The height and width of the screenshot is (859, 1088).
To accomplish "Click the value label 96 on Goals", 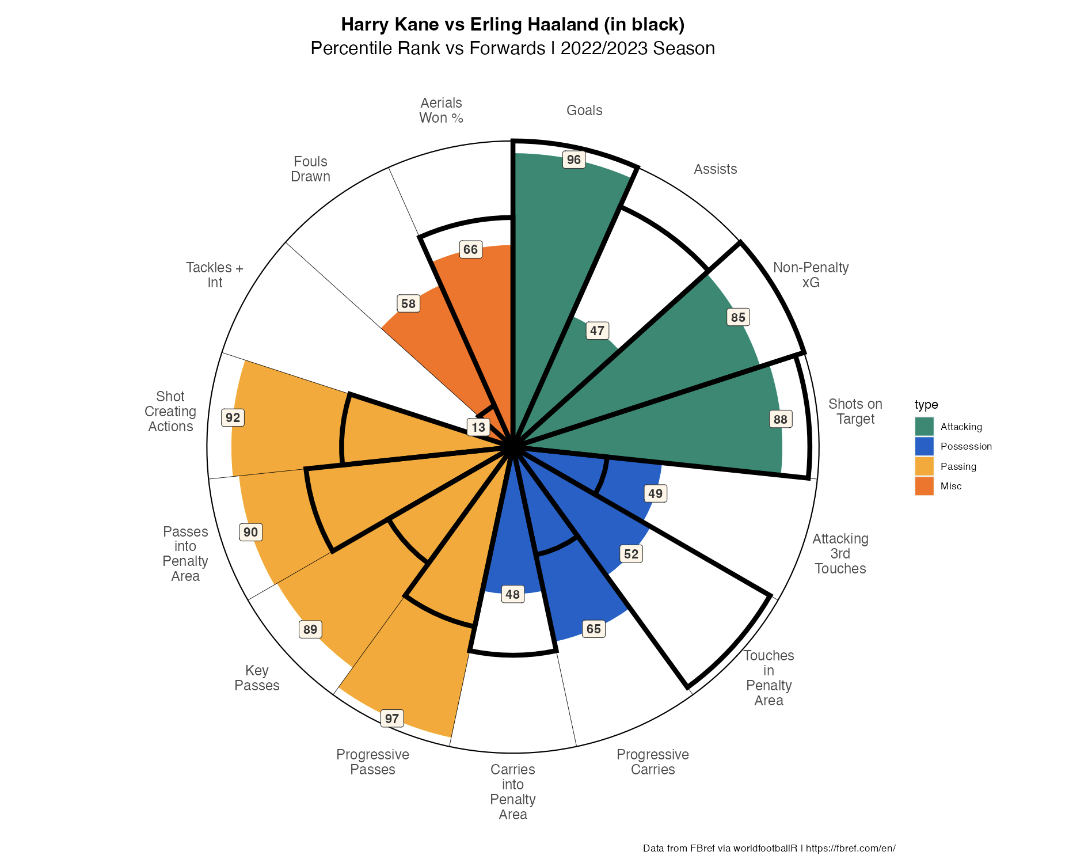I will tap(574, 159).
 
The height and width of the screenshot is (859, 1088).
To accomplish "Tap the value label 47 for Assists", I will tap(597, 330).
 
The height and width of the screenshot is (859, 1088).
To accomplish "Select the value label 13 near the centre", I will tap(478, 427).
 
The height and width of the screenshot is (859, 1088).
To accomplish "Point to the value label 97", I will tap(392, 719).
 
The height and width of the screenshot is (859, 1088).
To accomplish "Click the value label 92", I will tap(233, 417).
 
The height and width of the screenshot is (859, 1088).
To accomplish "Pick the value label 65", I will tap(594, 629).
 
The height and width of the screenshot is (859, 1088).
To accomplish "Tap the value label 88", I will tap(780, 419).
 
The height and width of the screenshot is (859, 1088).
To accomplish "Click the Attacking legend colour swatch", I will tap(924, 427).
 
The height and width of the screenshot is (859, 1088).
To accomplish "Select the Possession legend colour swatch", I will tap(924, 446).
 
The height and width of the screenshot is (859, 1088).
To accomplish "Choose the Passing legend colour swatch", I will tap(924, 466).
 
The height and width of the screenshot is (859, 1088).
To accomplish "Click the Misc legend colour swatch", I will tap(924, 486).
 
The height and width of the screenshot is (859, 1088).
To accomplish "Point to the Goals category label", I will tap(584, 111).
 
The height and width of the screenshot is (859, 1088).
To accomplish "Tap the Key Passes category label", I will tap(257, 678).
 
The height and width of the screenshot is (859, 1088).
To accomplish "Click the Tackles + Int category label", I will tap(215, 275).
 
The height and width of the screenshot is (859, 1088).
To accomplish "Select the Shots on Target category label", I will tap(855, 411).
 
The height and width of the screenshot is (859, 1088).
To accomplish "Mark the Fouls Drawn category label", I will tap(310, 169).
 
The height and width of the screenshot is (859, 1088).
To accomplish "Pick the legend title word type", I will tap(926, 405).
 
